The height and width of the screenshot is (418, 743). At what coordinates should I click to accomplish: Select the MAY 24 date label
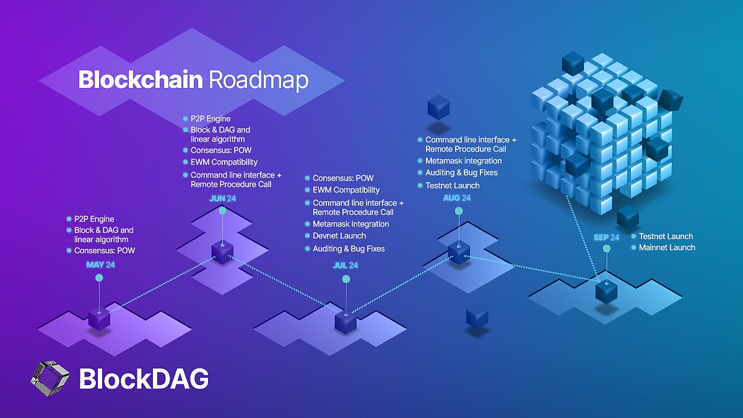tap(101, 265)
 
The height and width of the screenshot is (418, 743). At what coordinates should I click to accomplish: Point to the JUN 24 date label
tap(222, 198)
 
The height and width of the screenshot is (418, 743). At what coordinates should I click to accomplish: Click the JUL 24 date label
tap(345, 265)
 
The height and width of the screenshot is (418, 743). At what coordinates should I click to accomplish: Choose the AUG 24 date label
tap(457, 198)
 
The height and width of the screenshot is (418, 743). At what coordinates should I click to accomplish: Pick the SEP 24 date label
tap(606, 237)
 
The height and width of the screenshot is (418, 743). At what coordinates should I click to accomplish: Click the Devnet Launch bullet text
tap(339, 236)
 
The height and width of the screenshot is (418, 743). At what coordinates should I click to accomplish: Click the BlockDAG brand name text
tap(144, 379)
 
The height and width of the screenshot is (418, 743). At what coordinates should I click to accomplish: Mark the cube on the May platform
tap(99, 318)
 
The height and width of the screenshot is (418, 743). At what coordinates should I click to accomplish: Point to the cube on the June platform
tap(222, 252)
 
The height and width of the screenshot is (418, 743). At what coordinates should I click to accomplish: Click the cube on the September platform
tap(606, 291)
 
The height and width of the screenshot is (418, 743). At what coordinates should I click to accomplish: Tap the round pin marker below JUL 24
tap(346, 280)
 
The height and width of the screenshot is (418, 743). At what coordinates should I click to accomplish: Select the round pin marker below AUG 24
tap(459, 211)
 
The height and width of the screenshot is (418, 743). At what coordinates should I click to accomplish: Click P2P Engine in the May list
tap(94, 219)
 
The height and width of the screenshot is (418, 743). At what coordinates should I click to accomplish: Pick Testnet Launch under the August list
tap(453, 185)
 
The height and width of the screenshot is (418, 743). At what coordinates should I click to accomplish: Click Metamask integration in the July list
tap(351, 224)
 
